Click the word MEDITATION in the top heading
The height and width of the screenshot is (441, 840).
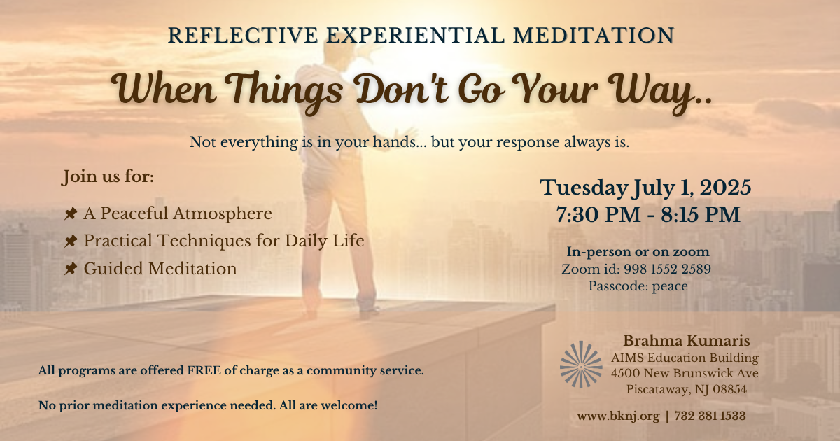[594, 36]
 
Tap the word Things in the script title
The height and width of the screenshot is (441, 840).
[286, 91]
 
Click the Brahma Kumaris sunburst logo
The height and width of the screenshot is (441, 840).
[581, 364]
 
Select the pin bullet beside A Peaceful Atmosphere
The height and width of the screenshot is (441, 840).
[71, 213]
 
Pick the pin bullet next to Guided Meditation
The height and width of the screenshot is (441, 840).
[71, 269]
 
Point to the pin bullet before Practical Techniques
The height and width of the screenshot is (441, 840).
[71, 241]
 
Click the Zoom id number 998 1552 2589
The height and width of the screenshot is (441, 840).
[668, 269]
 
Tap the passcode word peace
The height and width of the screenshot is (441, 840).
[670, 286]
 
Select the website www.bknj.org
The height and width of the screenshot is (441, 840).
[618, 416]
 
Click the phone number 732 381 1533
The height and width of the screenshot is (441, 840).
[710, 416]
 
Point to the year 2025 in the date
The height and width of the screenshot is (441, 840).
[726, 187]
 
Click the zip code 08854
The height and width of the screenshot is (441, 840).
[729, 389]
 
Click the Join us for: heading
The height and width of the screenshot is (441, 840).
[108, 176]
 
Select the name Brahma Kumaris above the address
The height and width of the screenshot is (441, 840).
[687, 340]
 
